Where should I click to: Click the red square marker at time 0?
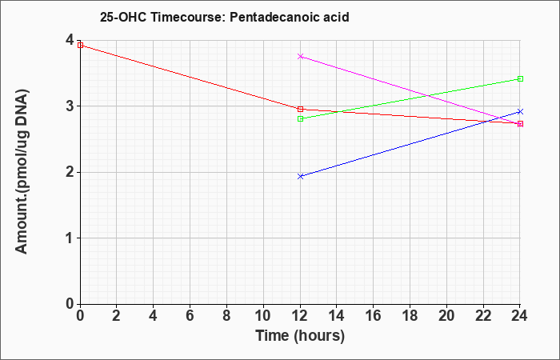80,45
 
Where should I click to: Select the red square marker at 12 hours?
300,109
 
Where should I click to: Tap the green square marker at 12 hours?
300,118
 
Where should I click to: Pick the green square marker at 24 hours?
520,78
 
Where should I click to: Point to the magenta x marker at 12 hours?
300,57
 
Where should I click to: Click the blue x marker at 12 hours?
300,176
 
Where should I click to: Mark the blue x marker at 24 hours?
520,112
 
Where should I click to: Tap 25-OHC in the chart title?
123,17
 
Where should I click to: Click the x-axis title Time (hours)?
300,336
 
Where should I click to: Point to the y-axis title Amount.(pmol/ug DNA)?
22,171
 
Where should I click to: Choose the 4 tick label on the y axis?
70,40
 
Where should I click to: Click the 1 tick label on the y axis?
70,238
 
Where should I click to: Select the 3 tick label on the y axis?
70,106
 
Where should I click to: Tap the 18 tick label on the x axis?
410,316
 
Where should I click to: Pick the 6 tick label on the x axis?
190,316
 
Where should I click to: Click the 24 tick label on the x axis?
519,316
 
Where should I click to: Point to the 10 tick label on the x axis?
263,316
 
